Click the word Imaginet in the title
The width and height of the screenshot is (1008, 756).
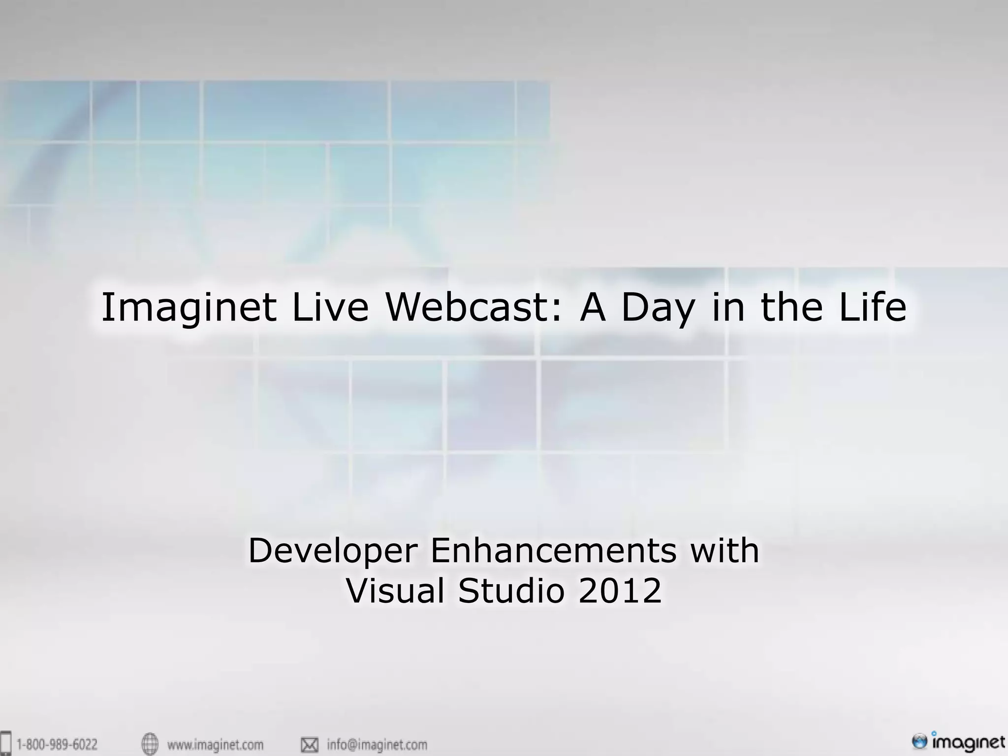click(188, 308)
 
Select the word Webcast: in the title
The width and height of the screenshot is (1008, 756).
click(473, 308)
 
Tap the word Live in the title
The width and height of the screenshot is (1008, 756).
click(330, 308)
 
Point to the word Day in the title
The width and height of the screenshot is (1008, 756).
click(658, 308)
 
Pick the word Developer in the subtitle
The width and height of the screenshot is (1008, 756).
click(333, 551)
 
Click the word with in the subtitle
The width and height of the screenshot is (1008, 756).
click(724, 551)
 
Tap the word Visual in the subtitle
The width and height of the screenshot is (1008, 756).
click(396, 591)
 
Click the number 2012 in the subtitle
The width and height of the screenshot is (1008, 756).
click(620, 591)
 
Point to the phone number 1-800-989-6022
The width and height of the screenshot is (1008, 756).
click(57, 744)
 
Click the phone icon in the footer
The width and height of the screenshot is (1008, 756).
click(6, 744)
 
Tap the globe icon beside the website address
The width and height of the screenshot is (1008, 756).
click(150, 744)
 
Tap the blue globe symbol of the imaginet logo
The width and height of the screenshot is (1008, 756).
click(919, 741)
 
